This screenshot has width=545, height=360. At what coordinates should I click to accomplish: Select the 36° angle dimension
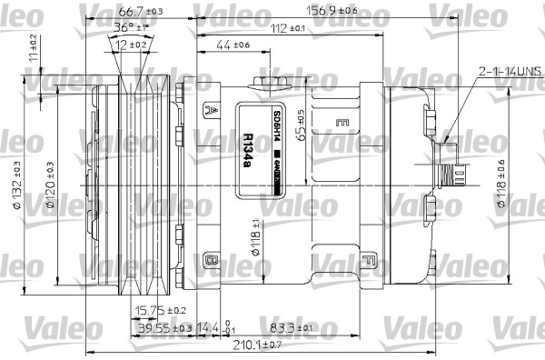pyautogui.click(x=132, y=27)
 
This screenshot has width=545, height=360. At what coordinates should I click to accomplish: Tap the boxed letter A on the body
pyautogui.click(x=212, y=111)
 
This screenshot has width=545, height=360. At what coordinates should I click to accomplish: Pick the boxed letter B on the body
pyautogui.click(x=212, y=261)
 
